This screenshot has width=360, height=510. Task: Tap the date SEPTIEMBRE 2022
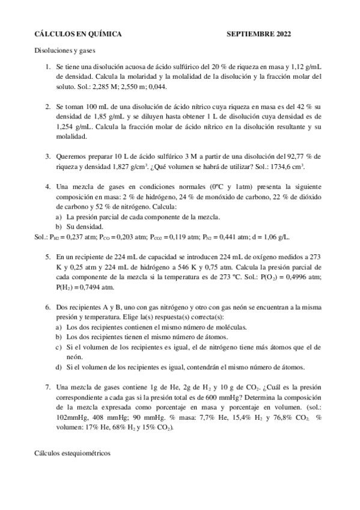pyautogui.click(x=258, y=35)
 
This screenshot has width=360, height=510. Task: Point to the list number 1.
pyautogui.click(x=47, y=67)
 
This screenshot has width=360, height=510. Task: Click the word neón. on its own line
pyautogui.click(x=75, y=357)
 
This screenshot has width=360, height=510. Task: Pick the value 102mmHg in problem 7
pyautogui.click(x=72, y=417)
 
